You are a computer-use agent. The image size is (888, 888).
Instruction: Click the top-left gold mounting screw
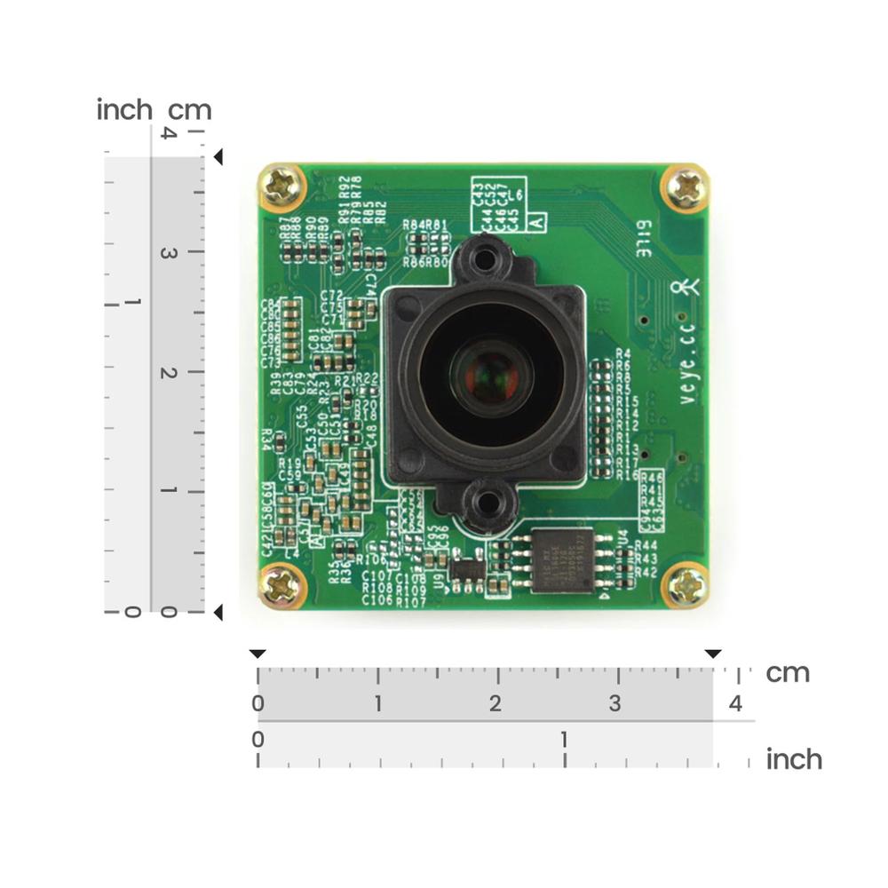click(x=282, y=187)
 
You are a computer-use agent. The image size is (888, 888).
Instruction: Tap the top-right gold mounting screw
click(x=686, y=187)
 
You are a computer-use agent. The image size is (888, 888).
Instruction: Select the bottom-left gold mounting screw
click(x=282, y=587)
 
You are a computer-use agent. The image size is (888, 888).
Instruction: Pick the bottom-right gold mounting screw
click(x=687, y=587)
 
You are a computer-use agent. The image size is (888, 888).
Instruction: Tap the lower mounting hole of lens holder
click(x=487, y=503)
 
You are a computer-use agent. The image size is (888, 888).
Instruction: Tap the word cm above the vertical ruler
click(x=190, y=110)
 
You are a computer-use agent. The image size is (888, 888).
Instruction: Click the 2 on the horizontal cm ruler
click(x=496, y=704)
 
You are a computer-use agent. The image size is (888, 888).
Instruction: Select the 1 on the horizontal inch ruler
click(x=564, y=739)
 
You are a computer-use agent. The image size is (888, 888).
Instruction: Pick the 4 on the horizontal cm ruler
click(x=735, y=704)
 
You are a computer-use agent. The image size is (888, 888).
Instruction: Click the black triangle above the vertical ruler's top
click(x=218, y=157)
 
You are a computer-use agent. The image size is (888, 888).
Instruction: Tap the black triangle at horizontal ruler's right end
click(x=713, y=654)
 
